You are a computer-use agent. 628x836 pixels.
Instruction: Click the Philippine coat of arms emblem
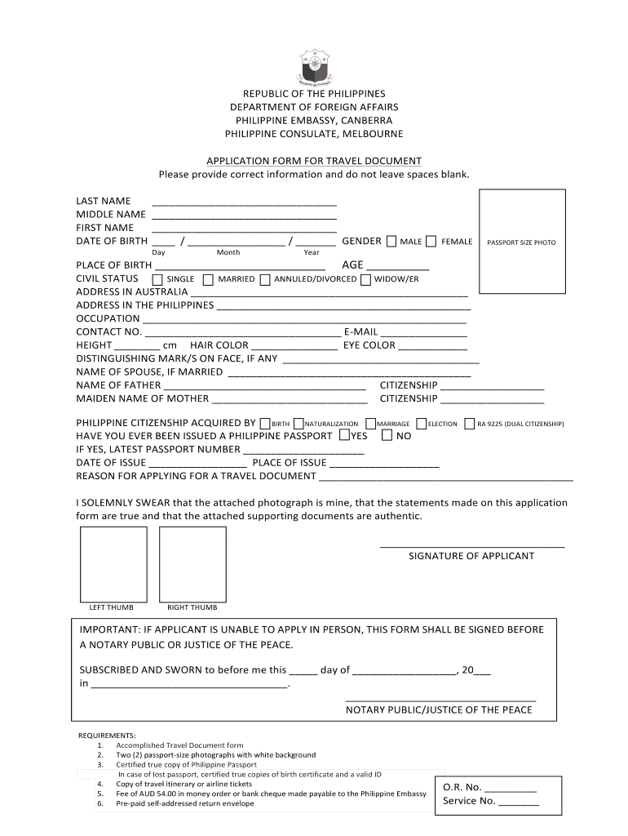(x=314, y=68)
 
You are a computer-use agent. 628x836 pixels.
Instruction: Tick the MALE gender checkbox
(x=392, y=241)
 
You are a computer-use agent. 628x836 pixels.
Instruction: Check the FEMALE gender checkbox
(x=430, y=241)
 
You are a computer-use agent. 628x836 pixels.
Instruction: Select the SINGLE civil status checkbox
(x=157, y=279)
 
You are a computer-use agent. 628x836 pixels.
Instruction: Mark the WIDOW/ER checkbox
(x=365, y=279)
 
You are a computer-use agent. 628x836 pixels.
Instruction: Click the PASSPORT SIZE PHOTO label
(x=521, y=242)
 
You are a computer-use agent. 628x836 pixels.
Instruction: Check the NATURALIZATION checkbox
(x=298, y=424)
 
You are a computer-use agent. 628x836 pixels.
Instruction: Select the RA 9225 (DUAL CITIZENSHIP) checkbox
(x=470, y=424)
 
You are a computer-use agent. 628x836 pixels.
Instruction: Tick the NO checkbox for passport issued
(x=387, y=435)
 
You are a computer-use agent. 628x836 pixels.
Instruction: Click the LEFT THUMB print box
(x=113, y=564)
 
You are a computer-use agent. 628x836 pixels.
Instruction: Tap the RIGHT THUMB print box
(x=192, y=564)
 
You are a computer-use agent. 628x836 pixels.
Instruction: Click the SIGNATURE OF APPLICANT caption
(x=471, y=556)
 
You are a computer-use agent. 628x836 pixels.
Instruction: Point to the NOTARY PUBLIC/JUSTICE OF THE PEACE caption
(x=439, y=709)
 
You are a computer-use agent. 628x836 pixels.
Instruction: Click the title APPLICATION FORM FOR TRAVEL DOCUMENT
(x=314, y=161)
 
